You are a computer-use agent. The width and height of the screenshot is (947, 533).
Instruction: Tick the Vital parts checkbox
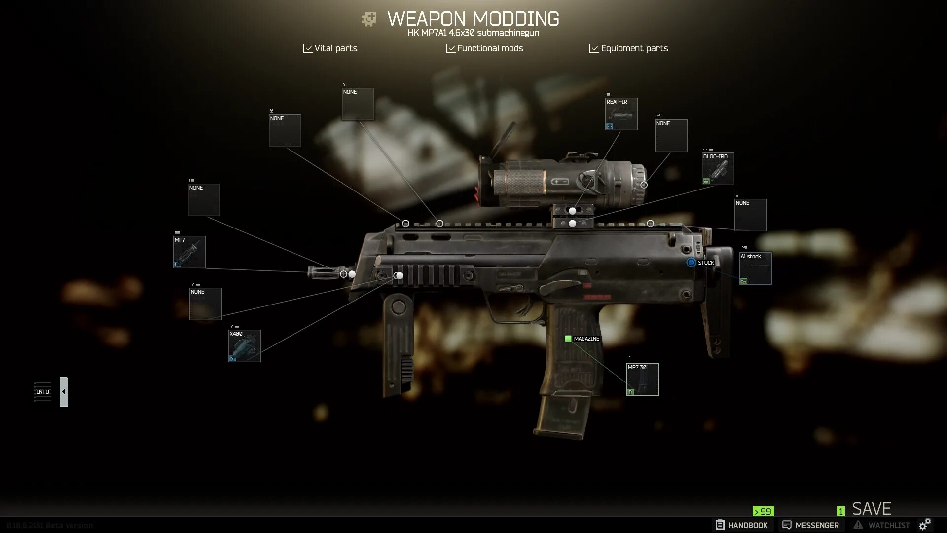click(308, 48)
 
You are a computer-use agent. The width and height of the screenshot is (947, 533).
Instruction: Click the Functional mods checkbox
click(451, 48)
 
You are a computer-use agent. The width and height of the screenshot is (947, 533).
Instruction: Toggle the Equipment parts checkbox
click(594, 48)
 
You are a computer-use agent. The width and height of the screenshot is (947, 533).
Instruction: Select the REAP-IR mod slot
click(621, 114)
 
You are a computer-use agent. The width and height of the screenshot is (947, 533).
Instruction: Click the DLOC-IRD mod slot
click(718, 169)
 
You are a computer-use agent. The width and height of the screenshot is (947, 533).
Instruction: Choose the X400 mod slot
click(244, 346)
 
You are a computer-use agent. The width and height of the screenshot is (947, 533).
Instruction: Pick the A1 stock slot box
click(755, 268)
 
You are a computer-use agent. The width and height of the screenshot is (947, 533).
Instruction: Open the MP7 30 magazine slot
click(642, 380)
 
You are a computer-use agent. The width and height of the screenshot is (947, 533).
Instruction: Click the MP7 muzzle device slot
click(189, 252)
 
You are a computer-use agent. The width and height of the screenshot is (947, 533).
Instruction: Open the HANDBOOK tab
click(741, 525)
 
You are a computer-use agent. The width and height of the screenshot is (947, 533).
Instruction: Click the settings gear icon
click(925, 524)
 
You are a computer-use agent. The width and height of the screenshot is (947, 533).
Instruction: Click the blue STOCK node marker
click(691, 263)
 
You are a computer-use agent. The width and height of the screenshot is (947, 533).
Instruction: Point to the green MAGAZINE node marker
click(568, 339)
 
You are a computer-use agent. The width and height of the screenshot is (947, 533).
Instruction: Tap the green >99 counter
click(763, 512)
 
